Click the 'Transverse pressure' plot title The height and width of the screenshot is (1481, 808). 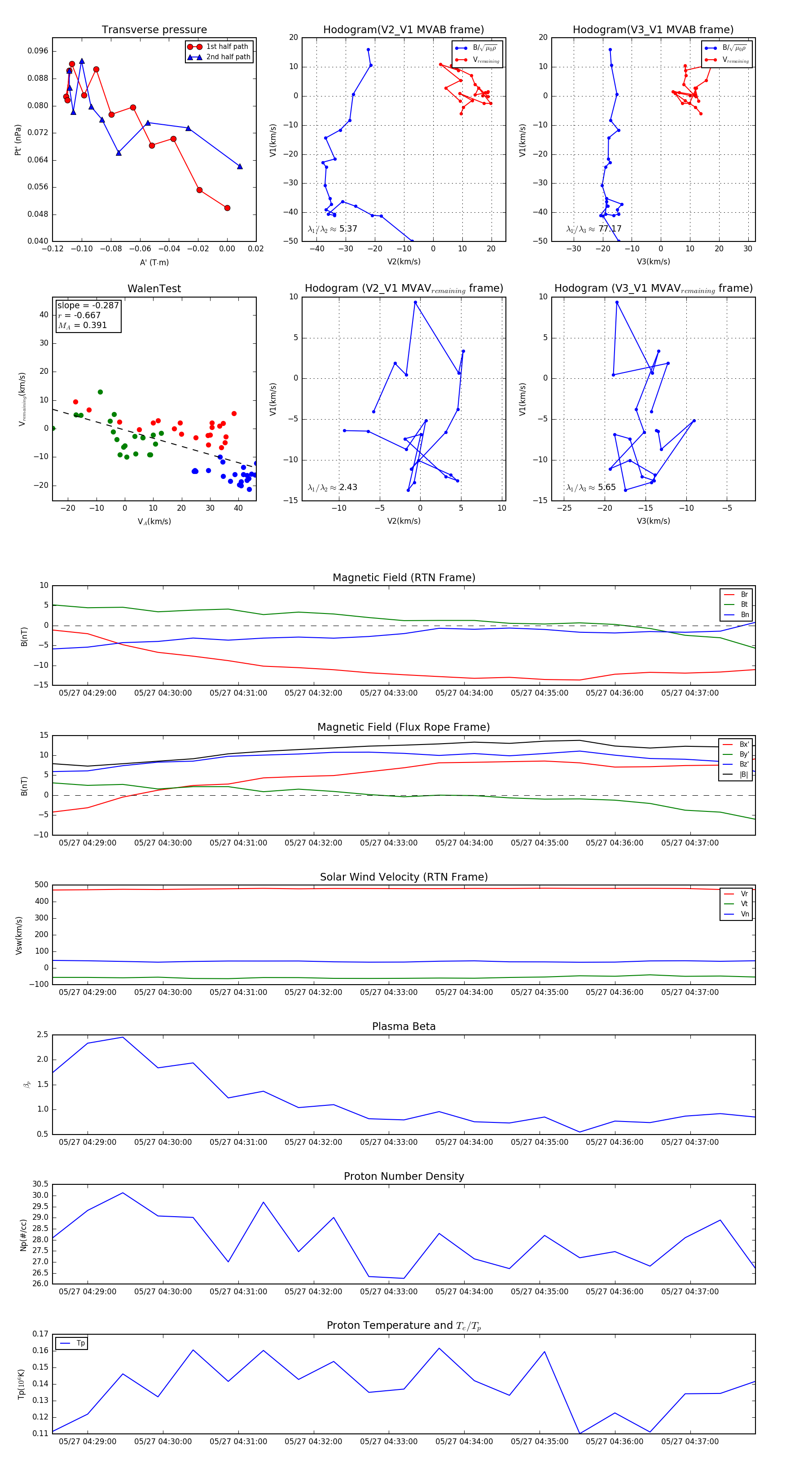coord(154,30)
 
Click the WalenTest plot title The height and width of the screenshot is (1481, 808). coord(154,289)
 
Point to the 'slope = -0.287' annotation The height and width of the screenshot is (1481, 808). coord(88,305)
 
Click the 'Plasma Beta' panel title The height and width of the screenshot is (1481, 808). coord(404,1026)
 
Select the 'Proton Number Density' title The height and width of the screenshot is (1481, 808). coord(404,1176)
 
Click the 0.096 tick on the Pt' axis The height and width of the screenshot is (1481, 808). coord(38,51)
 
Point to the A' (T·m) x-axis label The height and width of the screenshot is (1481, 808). coord(154,262)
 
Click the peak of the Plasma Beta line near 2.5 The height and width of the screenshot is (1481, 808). coord(123,1037)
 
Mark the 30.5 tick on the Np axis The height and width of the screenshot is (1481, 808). coord(40,1184)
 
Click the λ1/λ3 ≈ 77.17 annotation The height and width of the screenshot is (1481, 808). coord(593,229)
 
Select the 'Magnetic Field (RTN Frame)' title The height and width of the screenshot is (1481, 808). coord(404,578)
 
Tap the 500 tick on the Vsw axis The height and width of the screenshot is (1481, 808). coord(41,885)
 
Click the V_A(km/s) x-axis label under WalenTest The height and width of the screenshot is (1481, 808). coord(154,521)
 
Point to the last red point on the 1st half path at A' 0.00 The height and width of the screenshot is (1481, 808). coord(227,208)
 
